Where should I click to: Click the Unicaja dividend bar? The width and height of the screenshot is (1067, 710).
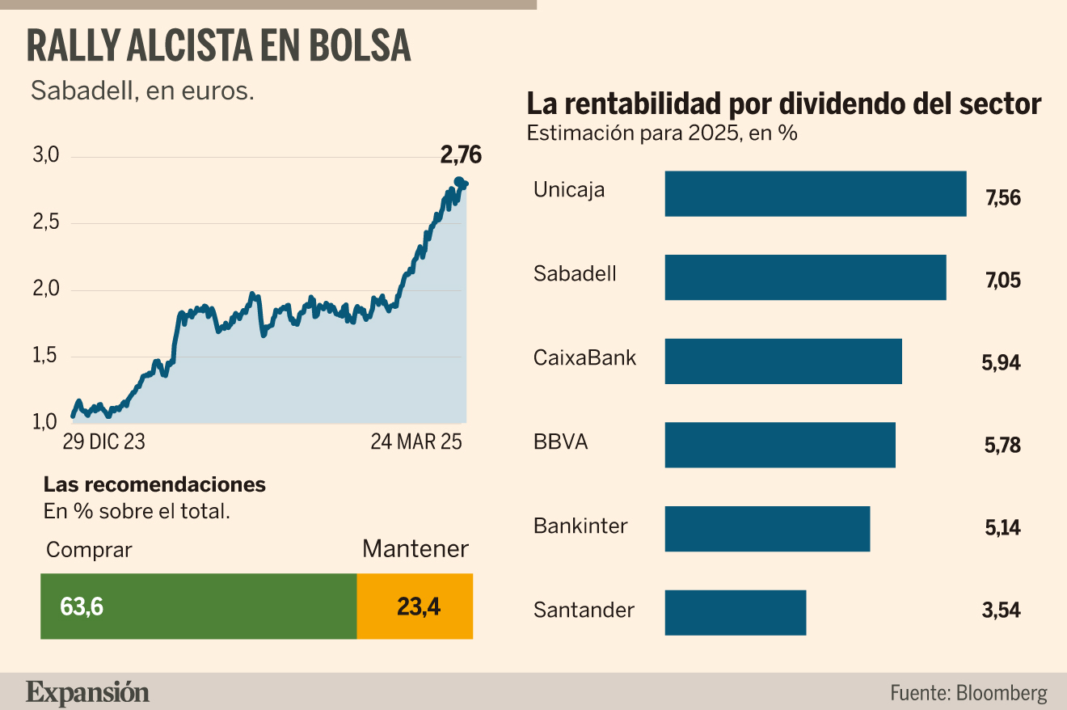pyautogui.click(x=816, y=194)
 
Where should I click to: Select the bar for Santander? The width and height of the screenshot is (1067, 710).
pyautogui.click(x=736, y=613)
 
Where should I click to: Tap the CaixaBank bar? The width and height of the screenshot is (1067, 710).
pyautogui.click(x=783, y=361)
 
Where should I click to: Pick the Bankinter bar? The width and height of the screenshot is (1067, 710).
pyautogui.click(x=767, y=529)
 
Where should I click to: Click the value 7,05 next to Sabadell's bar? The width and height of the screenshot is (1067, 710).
pyautogui.click(x=1003, y=280)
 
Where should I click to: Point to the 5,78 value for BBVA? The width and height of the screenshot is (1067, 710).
pyautogui.click(x=1002, y=445)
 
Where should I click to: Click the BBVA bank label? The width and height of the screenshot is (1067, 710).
pyautogui.click(x=561, y=442)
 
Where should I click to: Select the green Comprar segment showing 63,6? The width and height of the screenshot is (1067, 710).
pyautogui.click(x=199, y=606)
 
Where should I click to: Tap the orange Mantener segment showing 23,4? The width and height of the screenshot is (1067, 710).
pyautogui.click(x=415, y=606)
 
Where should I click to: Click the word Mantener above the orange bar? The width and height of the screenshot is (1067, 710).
pyautogui.click(x=415, y=549)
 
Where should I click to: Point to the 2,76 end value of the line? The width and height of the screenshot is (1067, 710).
pyautogui.click(x=461, y=155)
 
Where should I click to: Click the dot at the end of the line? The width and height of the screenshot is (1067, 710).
pyautogui.click(x=459, y=182)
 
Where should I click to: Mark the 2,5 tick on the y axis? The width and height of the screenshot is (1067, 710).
pyautogui.click(x=46, y=222)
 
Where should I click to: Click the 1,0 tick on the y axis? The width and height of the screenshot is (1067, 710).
pyautogui.click(x=44, y=421)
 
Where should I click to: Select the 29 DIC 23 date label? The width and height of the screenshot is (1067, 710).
pyautogui.click(x=103, y=442)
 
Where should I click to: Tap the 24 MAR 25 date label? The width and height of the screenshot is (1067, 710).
pyautogui.click(x=416, y=442)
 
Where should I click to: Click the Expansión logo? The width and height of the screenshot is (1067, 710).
pyautogui.click(x=87, y=693)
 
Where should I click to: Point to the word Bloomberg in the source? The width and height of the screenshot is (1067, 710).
pyautogui.click(x=1002, y=693)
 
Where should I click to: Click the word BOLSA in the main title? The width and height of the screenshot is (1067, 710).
pyautogui.click(x=361, y=46)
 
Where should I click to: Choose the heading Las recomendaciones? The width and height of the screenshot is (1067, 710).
pyautogui.click(x=155, y=484)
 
